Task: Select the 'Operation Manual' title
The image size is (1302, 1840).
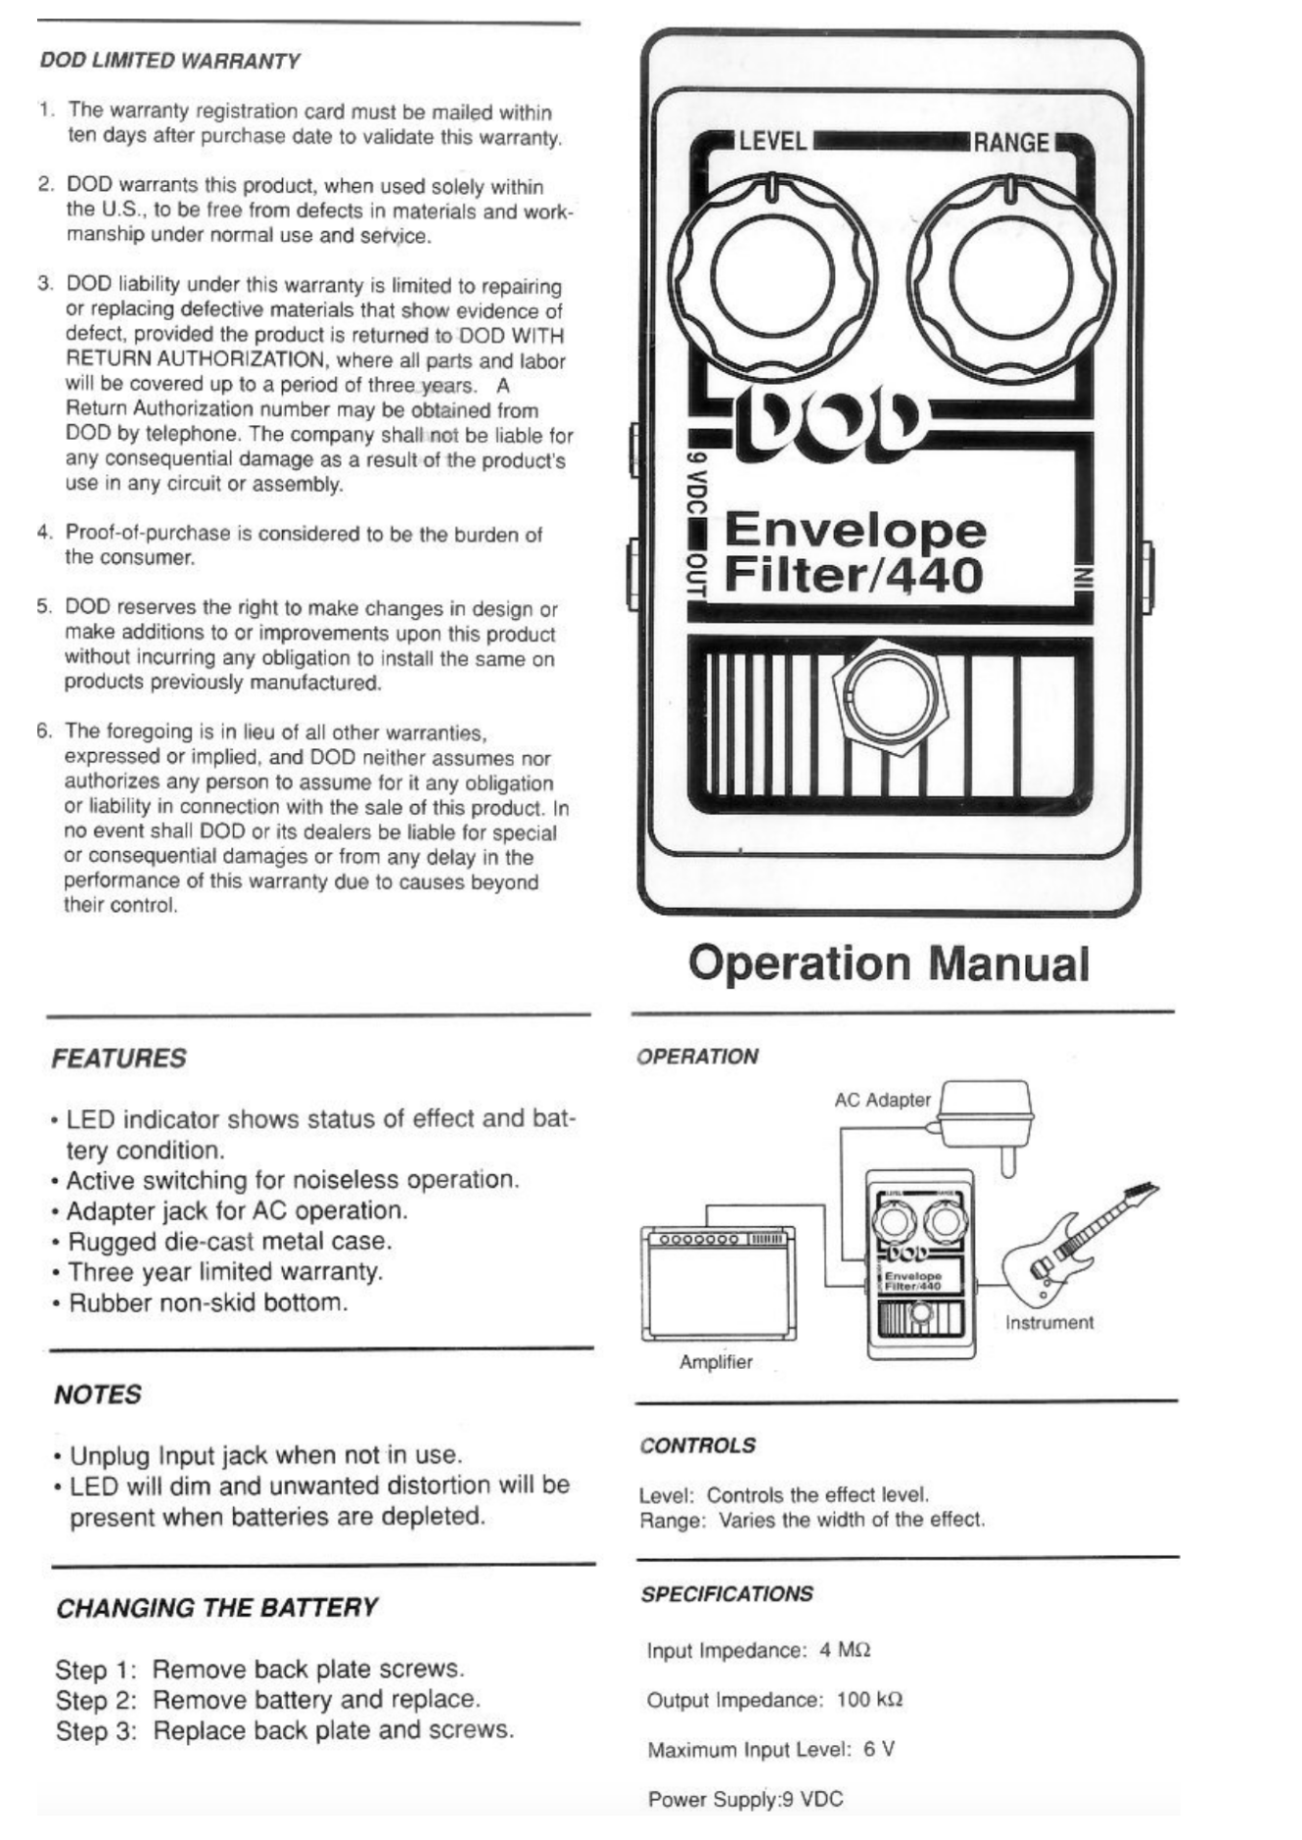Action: (x=888, y=964)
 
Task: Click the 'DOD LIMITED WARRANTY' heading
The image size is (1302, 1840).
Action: (x=169, y=61)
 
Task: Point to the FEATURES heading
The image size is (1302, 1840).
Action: (x=118, y=1059)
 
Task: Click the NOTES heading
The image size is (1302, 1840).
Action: (x=98, y=1394)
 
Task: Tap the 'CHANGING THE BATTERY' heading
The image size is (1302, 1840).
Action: (x=216, y=1608)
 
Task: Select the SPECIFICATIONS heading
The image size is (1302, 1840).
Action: (x=726, y=1594)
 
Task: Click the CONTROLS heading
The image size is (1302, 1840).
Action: (x=697, y=1445)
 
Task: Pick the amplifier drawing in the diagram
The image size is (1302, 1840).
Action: (x=718, y=1284)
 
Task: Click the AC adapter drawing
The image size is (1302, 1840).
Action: (x=987, y=1116)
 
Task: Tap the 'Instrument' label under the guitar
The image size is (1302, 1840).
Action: (x=1048, y=1323)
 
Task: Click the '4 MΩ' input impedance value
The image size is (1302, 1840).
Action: (x=845, y=1651)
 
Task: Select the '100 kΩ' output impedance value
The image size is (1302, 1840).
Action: (x=869, y=1700)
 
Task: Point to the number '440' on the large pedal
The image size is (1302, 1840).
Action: (x=934, y=576)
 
